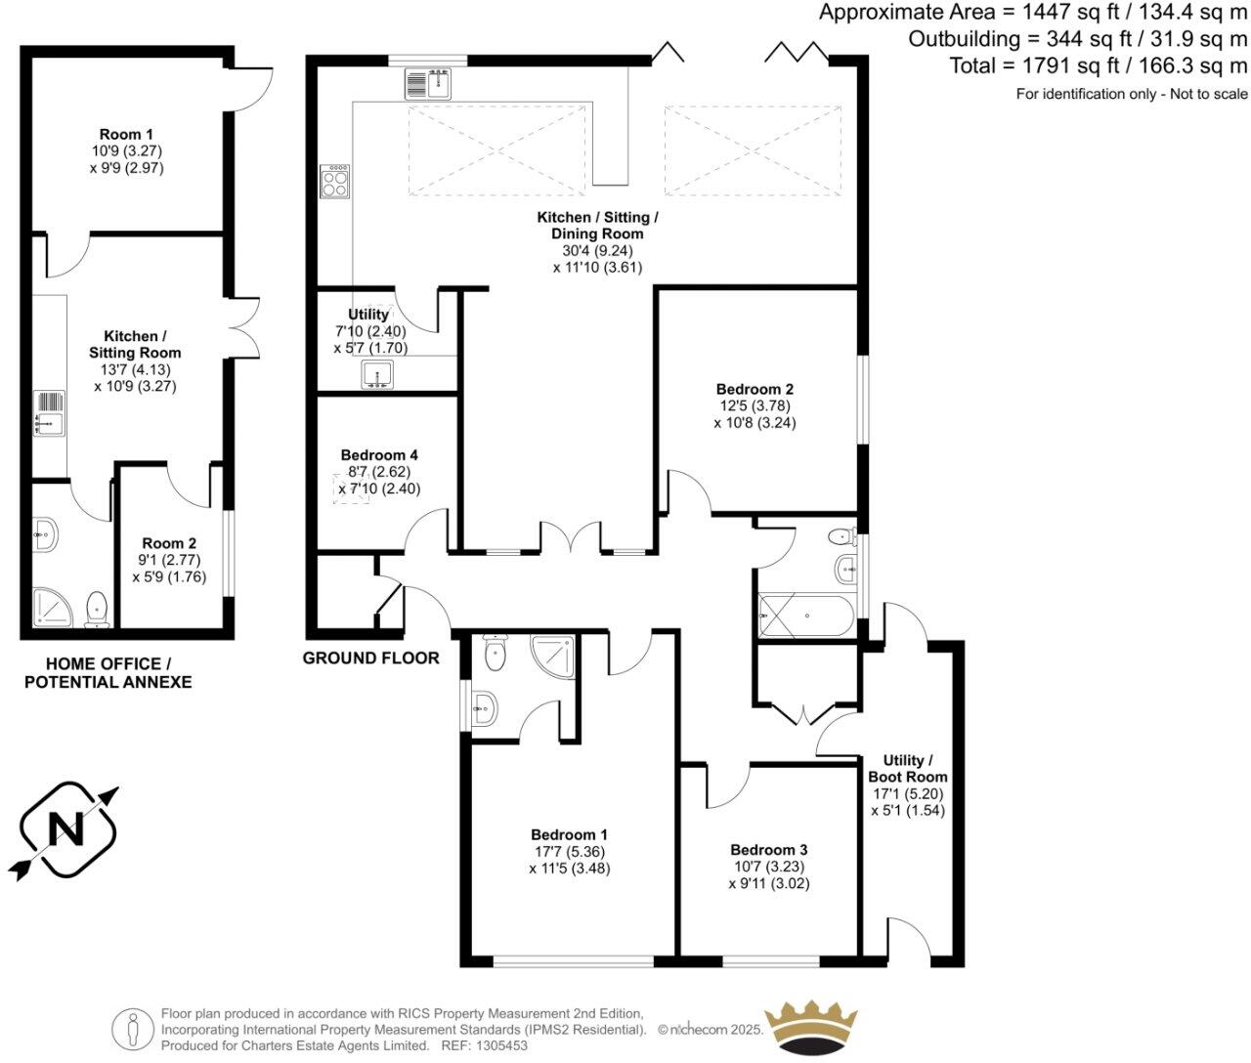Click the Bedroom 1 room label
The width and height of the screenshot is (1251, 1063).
(569, 834)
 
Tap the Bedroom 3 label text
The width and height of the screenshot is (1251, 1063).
(768, 850)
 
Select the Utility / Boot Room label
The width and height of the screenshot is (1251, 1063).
(908, 768)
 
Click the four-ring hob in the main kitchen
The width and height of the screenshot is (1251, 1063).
(334, 181)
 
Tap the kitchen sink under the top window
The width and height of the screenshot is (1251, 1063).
(427, 85)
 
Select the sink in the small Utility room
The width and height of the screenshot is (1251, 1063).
(377, 374)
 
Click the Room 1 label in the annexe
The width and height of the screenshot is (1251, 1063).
(126, 134)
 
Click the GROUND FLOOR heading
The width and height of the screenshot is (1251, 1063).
(370, 658)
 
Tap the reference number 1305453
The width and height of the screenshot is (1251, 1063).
(500, 1045)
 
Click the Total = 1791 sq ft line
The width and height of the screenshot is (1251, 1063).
(1099, 65)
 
